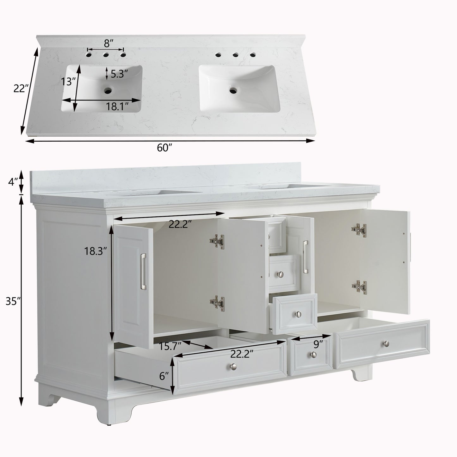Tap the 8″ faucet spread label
tap(109, 43)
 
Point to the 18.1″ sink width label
tap(117, 107)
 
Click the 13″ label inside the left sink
tap(68, 82)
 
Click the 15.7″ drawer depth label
tap(170, 347)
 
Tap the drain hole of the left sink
tap(108, 90)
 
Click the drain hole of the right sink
tap(233, 90)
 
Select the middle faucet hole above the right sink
tap(235, 55)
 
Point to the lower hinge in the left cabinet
tap(217, 302)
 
